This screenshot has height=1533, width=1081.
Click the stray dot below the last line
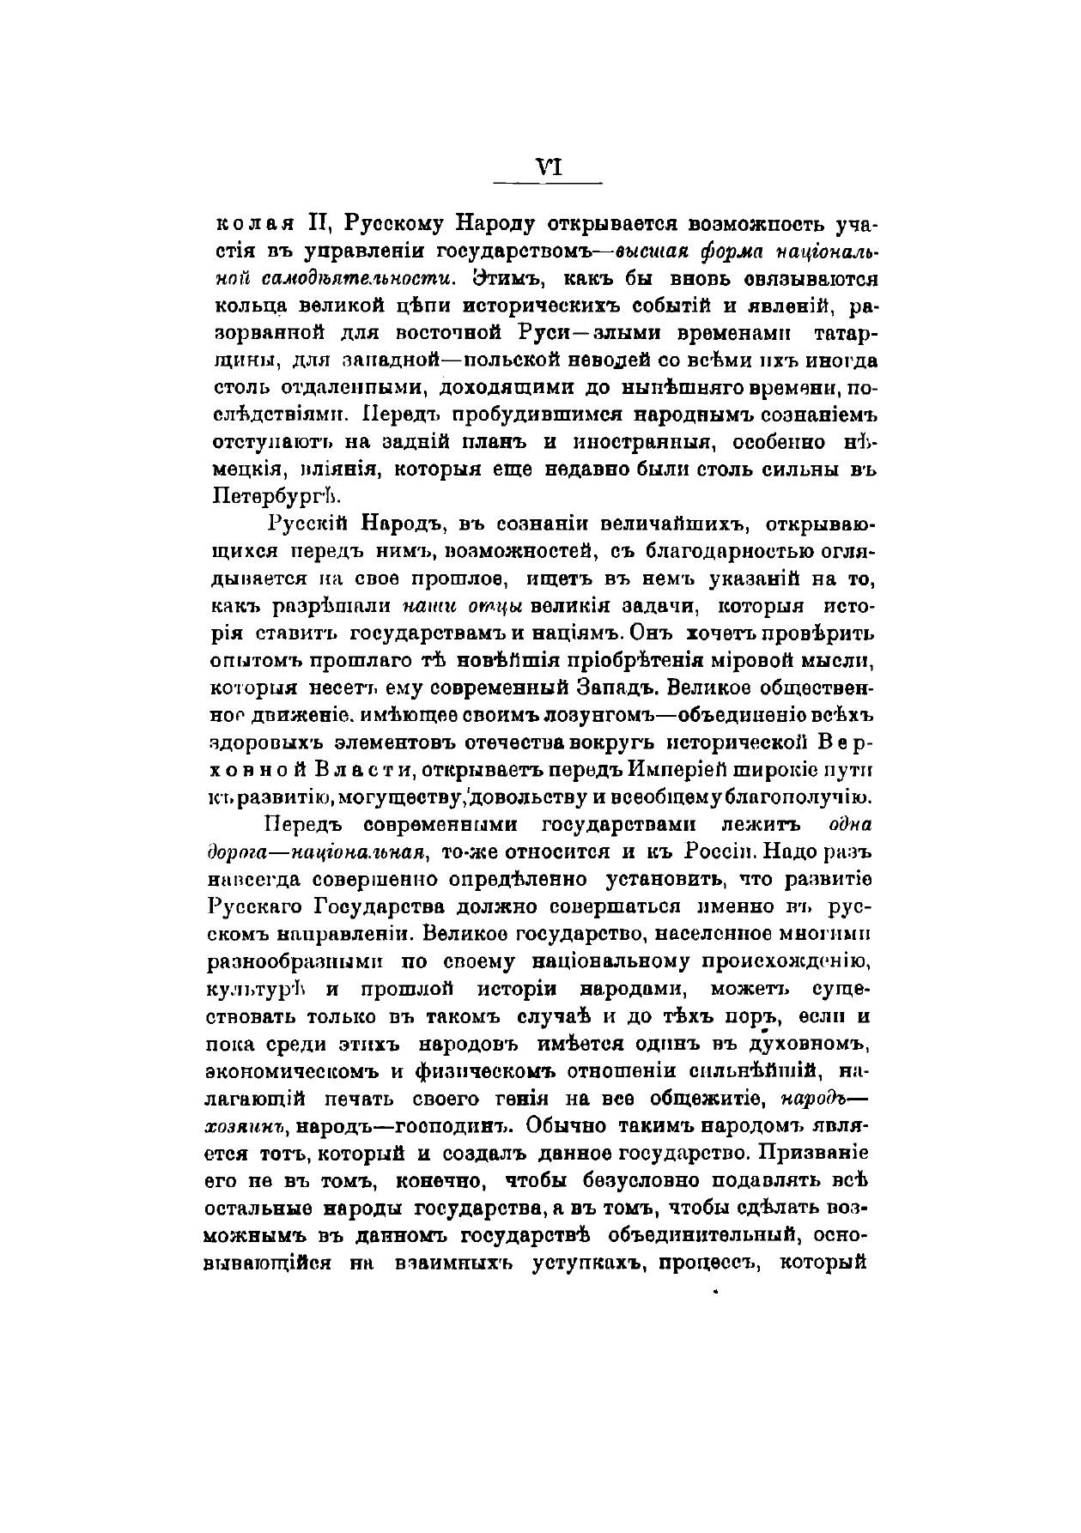(x=714, y=1290)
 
